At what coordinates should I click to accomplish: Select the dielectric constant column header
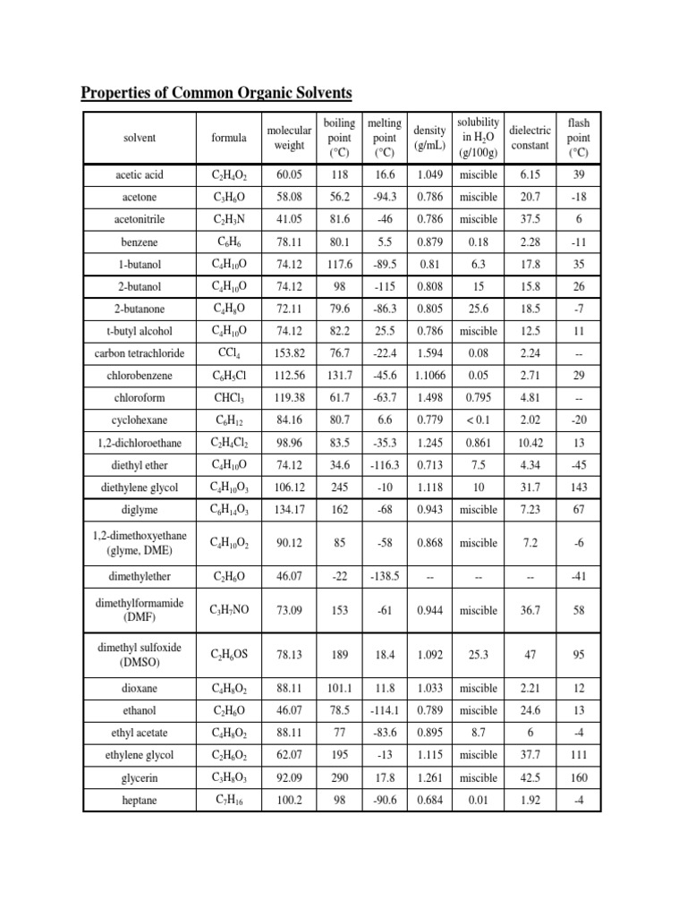[x=529, y=137]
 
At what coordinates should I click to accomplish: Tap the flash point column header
[x=579, y=137]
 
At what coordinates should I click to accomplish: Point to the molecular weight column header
[x=289, y=138]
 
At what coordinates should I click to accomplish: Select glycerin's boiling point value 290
[x=339, y=778]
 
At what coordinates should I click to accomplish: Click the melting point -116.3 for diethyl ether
[x=384, y=465]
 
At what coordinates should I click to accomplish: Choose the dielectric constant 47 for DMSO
[x=529, y=654]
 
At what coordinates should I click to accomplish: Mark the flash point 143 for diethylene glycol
[x=579, y=488]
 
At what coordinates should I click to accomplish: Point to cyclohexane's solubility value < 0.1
[x=479, y=420]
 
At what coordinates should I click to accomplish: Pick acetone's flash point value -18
[x=579, y=197]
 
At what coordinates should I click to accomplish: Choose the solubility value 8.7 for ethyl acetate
[x=479, y=734]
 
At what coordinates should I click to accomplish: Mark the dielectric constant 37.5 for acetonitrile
[x=529, y=219]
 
